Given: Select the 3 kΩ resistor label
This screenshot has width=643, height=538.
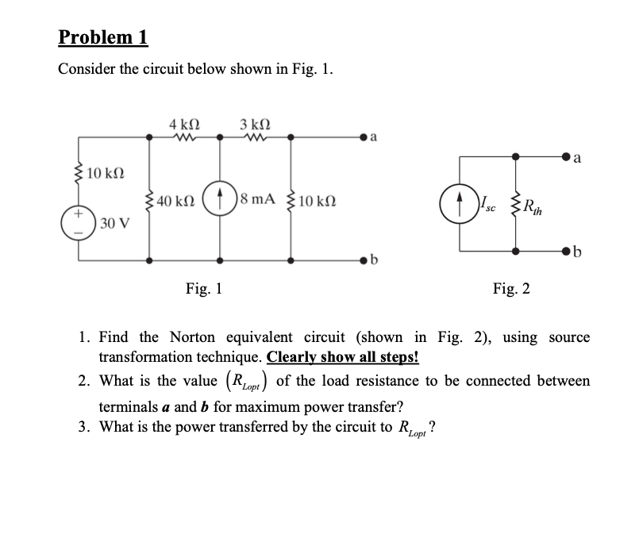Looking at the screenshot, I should point(254,124).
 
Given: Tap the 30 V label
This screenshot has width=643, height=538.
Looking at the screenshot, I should point(112,225).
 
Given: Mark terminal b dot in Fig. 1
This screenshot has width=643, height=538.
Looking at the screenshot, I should point(364,259).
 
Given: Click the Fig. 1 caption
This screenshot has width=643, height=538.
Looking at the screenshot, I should point(203,289).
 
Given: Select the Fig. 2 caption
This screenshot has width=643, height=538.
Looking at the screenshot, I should point(511,289).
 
